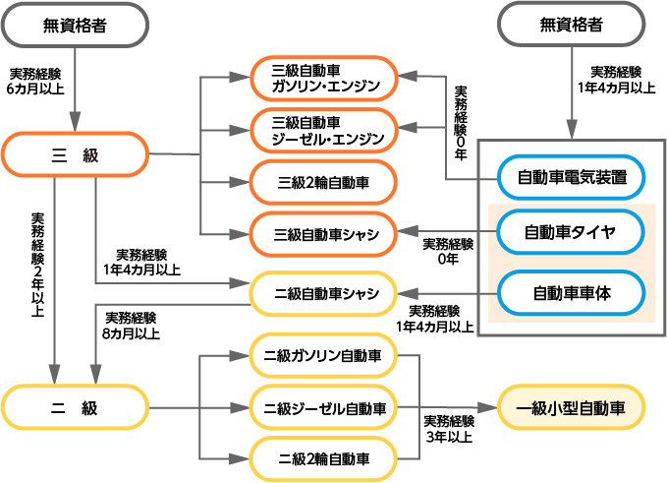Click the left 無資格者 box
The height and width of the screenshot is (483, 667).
pos(75,24)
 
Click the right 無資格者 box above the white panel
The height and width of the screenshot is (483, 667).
pos(571,24)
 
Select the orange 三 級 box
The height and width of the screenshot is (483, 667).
pos(75,155)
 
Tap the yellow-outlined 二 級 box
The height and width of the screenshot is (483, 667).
pos(75,407)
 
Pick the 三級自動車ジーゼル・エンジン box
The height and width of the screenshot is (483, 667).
pos(323,131)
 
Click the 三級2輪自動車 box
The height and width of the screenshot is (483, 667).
pos(323,182)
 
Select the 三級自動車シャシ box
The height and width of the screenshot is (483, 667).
pos(323,233)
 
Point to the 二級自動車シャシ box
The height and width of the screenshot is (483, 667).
pos(323,293)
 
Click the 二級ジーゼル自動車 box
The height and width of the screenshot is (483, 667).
pos(323,407)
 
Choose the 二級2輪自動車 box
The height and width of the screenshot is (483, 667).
pos(323,458)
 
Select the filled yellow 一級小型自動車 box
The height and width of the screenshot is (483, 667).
pos(571,407)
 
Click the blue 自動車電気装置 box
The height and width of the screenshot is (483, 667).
pos(571,177)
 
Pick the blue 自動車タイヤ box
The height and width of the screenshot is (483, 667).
pos(571,233)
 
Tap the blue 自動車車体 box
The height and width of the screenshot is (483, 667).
pos(571,292)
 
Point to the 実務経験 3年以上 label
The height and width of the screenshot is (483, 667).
pos(449,429)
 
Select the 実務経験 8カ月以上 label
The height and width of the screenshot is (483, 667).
pos(131,325)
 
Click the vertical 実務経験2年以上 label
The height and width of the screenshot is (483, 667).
pos(38,264)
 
